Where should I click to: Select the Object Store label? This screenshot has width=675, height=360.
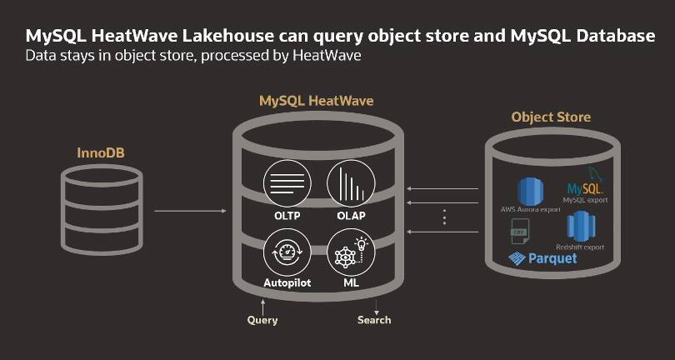(x=551, y=117)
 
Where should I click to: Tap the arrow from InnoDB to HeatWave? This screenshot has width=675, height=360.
(x=190, y=211)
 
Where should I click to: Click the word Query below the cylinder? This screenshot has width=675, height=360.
(x=262, y=320)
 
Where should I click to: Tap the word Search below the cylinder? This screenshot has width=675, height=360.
(x=374, y=320)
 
